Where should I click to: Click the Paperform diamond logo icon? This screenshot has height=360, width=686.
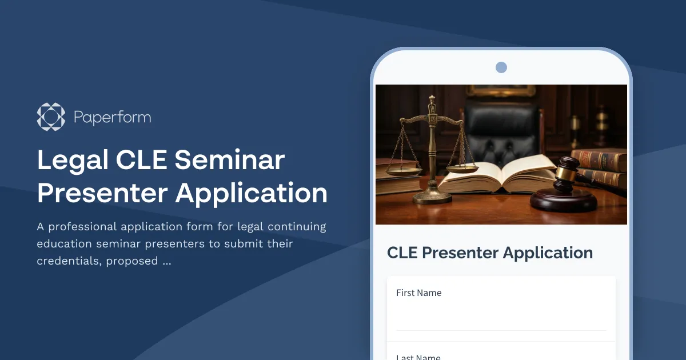[x=51, y=117]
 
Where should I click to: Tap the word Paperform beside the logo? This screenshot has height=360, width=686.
[x=112, y=118]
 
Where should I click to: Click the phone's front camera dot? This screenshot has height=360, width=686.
[x=501, y=67]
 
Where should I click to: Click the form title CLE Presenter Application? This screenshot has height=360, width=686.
[x=490, y=253]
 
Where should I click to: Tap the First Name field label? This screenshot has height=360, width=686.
[x=418, y=293]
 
